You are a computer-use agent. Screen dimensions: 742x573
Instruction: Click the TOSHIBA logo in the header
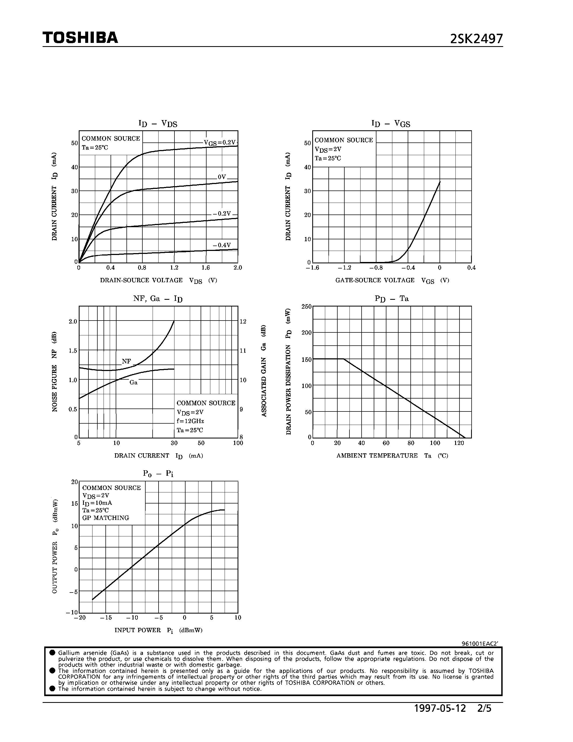[80, 38]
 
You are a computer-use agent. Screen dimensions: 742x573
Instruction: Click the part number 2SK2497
[476, 39]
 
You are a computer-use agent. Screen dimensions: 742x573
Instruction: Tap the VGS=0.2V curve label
[219, 143]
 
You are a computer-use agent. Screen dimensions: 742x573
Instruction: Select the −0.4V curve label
[222, 245]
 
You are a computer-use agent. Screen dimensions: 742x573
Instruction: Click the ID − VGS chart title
[391, 124]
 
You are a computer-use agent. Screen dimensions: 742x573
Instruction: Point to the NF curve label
[126, 361]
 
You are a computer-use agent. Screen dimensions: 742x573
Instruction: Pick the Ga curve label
[133, 383]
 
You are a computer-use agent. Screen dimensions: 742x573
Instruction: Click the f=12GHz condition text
[190, 421]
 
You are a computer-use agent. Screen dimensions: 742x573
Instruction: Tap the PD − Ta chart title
[391, 299]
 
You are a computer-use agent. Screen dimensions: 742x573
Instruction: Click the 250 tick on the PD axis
[306, 307]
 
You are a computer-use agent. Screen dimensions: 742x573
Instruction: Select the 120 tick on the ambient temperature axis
[459, 443]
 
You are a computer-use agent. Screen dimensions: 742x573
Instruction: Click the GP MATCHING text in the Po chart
[106, 518]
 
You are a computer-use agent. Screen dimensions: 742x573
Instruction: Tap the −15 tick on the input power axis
[106, 617]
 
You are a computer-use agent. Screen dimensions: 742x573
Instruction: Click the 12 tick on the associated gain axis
[243, 321]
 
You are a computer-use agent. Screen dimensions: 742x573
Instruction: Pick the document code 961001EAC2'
[480, 644]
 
